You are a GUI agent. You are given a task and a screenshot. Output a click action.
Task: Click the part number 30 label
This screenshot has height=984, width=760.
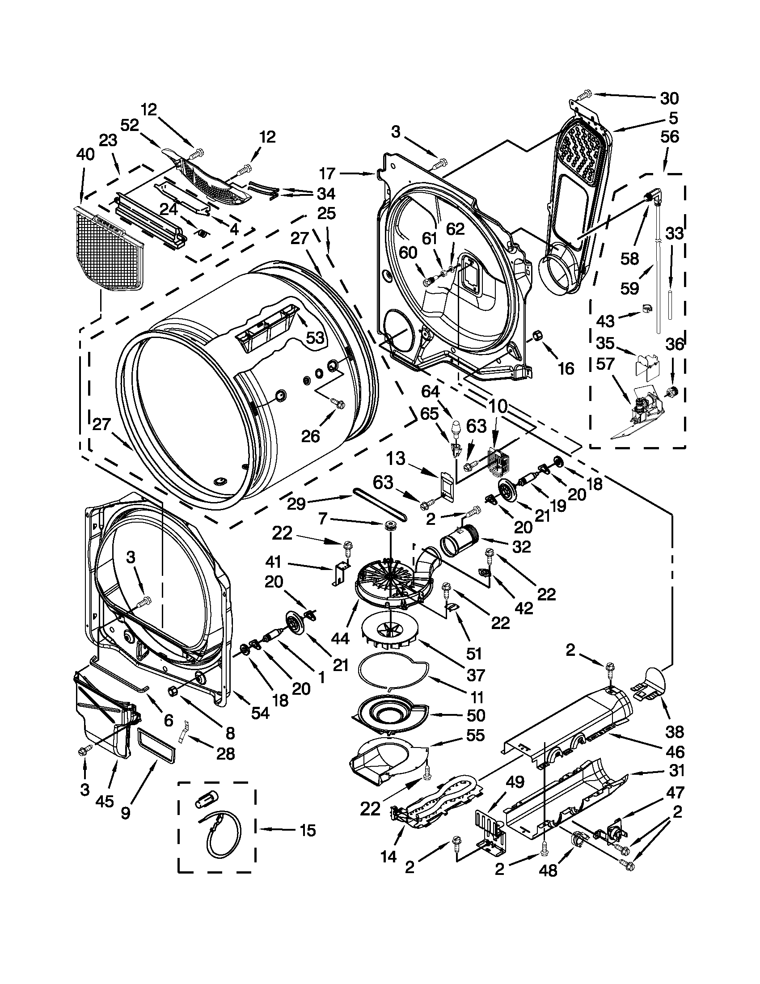pyautogui.click(x=669, y=98)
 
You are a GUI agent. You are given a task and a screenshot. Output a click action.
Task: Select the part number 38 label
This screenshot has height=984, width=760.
pyautogui.click(x=675, y=732)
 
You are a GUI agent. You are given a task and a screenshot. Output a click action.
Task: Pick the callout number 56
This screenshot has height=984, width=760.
pyautogui.click(x=669, y=137)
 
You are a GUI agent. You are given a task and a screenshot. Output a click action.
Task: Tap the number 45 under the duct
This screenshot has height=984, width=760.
pyautogui.click(x=105, y=802)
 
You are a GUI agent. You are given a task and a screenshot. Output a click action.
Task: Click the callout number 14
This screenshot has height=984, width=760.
pyautogui.click(x=388, y=856)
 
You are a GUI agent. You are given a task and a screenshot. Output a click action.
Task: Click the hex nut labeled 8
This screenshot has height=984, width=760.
pyautogui.click(x=173, y=703)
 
